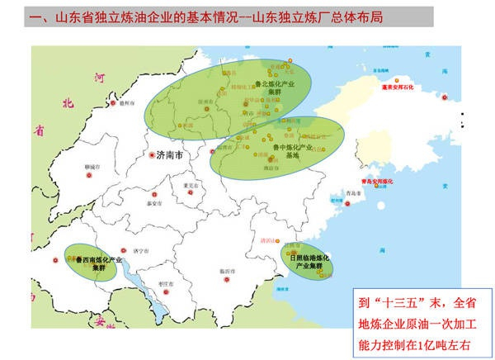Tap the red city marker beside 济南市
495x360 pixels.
pyautogui.click(x=152, y=155)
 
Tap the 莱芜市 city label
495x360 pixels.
pyautogui.click(x=191, y=186)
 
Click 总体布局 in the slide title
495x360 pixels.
pyautogui.click(x=338, y=14)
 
